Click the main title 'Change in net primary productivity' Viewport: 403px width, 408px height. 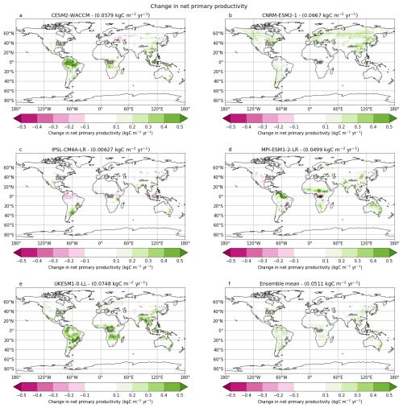click(201, 5)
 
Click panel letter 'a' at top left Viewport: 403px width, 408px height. click(15, 15)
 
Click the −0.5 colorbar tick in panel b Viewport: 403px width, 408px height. click(231, 126)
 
